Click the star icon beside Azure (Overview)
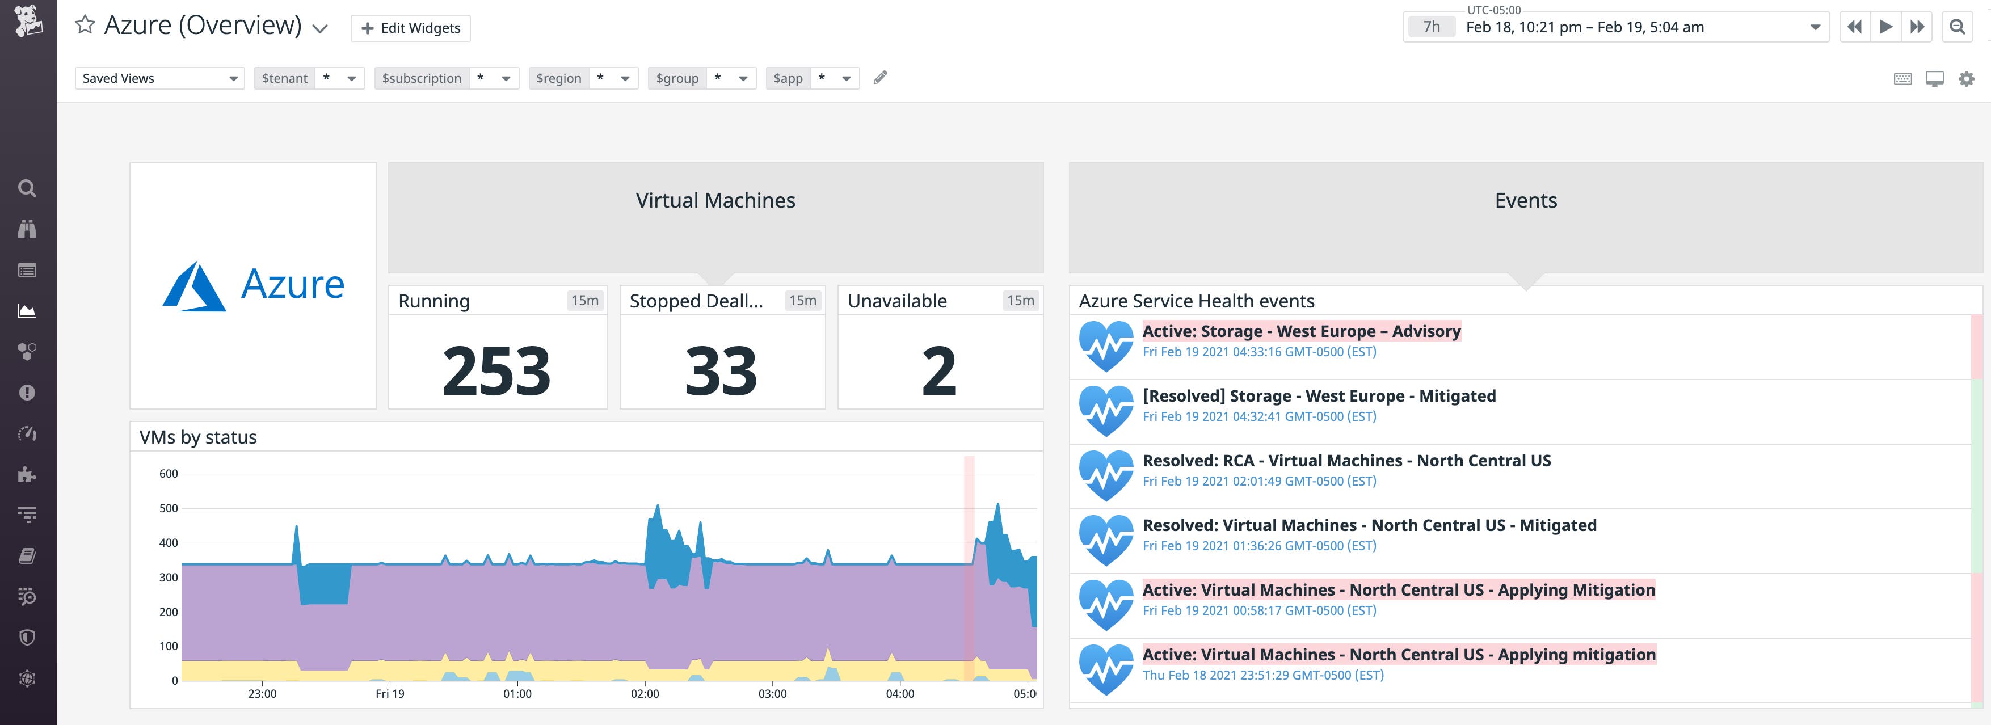[85, 26]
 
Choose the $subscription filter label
[421, 78]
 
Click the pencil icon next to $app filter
[879, 77]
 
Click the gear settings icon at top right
[1966, 78]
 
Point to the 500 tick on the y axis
[169, 508]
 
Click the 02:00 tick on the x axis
[645, 693]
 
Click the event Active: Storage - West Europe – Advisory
[1301, 331]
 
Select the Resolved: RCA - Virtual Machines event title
[1346, 460]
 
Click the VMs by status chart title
[198, 437]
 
